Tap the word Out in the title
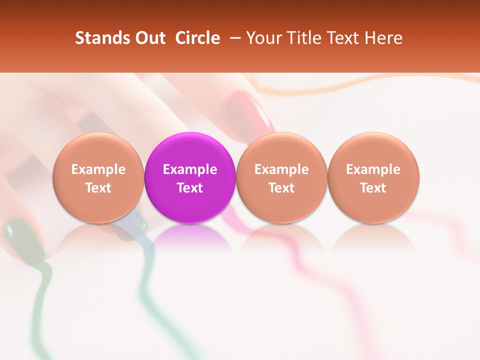tap(149, 38)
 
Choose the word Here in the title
tap(383, 38)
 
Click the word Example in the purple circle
tap(190, 169)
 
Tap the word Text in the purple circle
tap(190, 188)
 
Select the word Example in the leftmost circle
tap(98, 169)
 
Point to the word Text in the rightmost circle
tap(373, 188)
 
